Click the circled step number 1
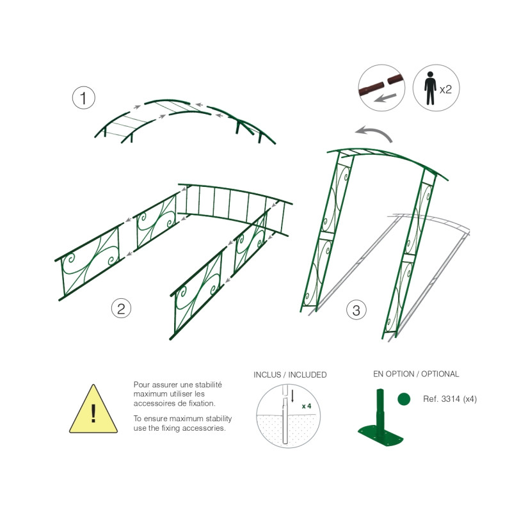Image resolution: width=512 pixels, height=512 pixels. [x=84, y=98]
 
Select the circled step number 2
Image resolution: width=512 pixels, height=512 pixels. [x=121, y=308]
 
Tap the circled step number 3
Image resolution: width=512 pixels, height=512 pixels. [x=356, y=310]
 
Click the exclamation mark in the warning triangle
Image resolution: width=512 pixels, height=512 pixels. [x=93, y=413]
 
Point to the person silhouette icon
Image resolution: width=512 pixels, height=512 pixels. [x=430, y=88]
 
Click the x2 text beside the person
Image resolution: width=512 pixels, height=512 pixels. [x=445, y=89]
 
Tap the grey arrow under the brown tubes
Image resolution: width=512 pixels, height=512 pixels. [x=385, y=98]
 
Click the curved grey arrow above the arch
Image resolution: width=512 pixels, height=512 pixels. [x=374, y=133]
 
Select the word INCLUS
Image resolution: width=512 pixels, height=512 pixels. [x=267, y=374]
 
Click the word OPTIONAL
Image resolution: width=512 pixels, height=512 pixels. [x=440, y=374]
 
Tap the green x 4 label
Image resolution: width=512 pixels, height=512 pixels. [x=307, y=406]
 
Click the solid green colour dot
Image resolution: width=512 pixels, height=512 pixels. [x=404, y=399]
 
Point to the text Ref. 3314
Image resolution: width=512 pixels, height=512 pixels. [x=442, y=399]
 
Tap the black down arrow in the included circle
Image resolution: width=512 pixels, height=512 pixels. [x=292, y=396]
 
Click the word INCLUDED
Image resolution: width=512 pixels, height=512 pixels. [x=307, y=374]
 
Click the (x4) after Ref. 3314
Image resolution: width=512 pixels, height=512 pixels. [x=470, y=399]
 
